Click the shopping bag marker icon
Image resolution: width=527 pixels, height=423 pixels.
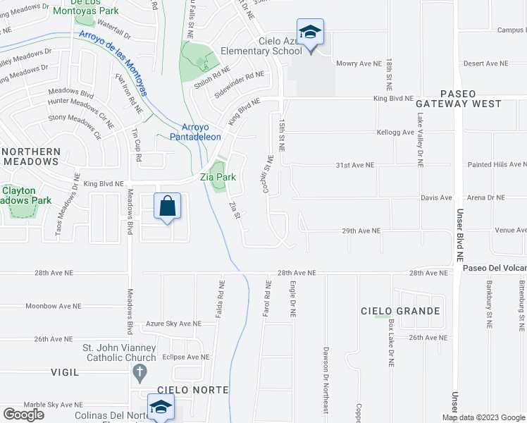point(168,207)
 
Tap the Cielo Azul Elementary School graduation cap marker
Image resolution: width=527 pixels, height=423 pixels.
point(310,33)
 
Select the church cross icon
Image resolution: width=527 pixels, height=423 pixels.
point(139,373)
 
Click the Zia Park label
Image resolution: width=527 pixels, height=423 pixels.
point(218,178)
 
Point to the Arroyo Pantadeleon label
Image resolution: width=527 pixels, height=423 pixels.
point(196,132)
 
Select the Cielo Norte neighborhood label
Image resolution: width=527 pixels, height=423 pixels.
point(192,390)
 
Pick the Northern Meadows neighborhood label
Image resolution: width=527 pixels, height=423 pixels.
point(39,157)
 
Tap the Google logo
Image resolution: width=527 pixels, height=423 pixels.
point(23,415)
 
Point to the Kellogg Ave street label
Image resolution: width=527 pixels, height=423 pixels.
point(395,133)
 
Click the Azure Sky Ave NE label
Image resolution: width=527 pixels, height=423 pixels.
point(173,324)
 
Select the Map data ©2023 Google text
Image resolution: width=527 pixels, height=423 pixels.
point(483,417)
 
